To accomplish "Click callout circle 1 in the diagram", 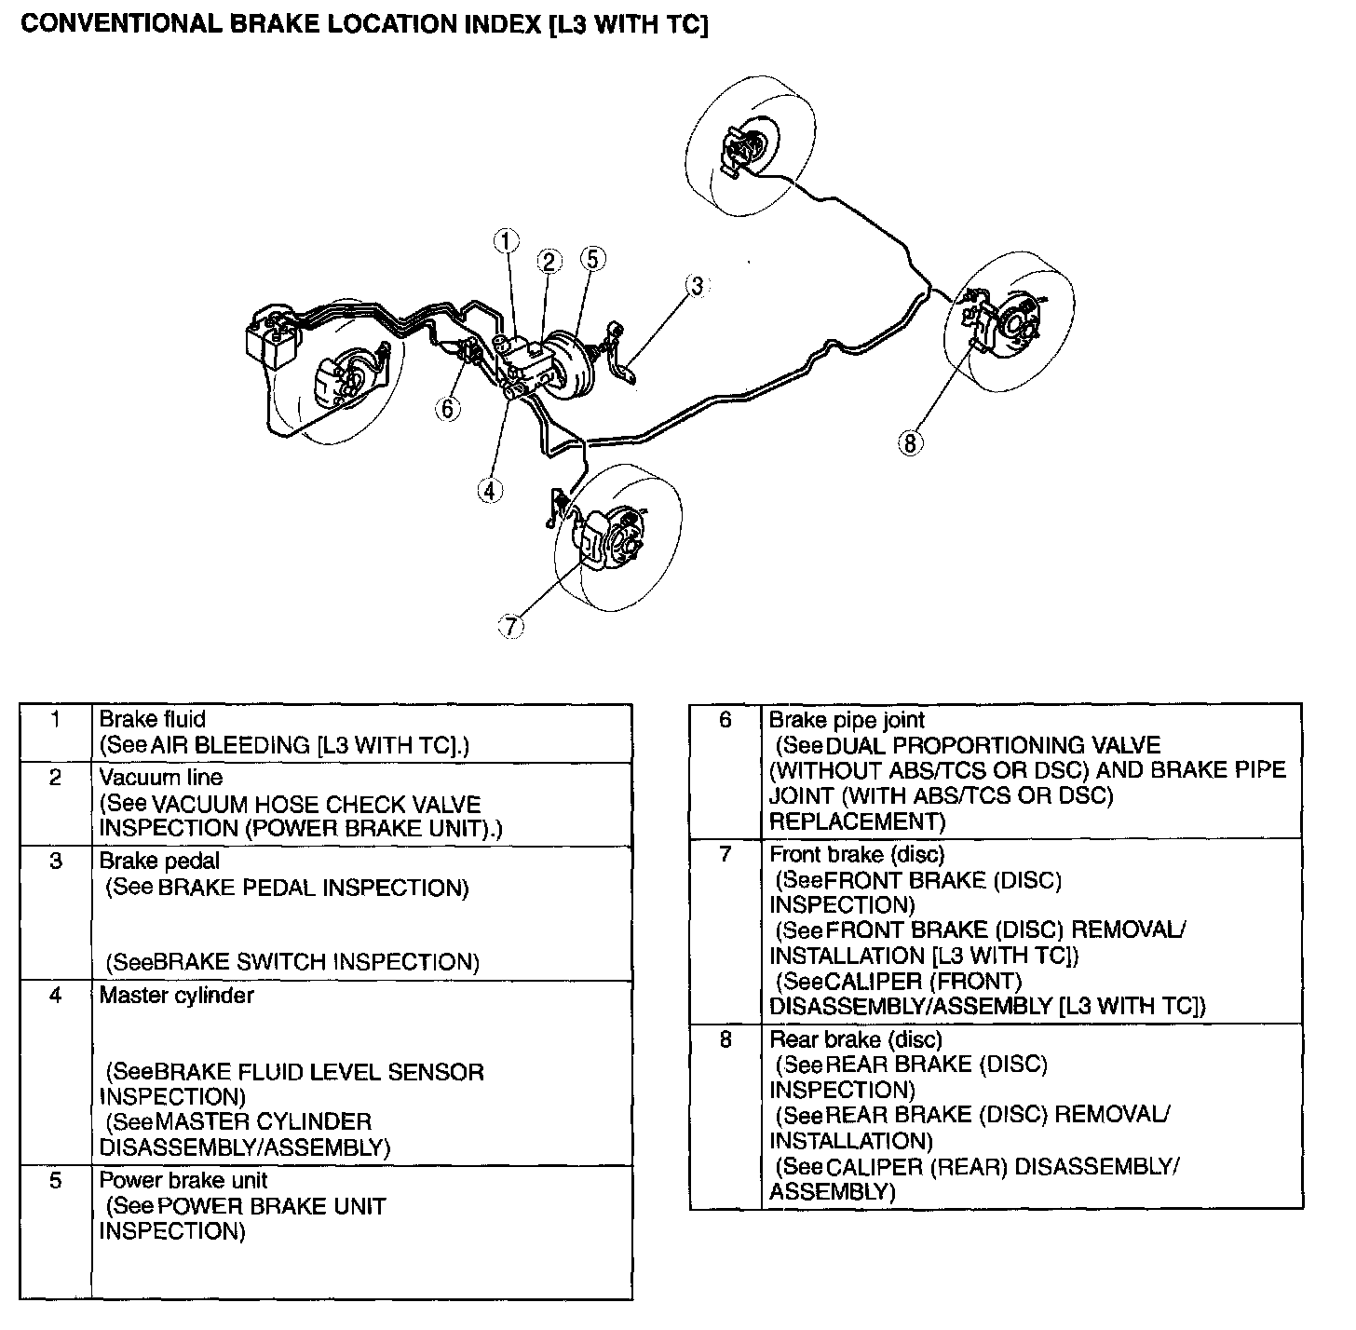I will [505, 241].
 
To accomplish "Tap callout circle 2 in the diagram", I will [549, 262].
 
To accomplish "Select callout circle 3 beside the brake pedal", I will [697, 286].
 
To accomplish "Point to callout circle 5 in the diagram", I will [592, 258].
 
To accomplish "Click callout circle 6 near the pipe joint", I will [448, 408].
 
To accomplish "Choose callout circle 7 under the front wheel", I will [510, 627].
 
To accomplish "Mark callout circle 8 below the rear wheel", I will [910, 442].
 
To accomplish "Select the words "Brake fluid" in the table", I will [152, 719].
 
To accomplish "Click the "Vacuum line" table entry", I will [160, 777].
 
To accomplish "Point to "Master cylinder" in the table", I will [176, 995].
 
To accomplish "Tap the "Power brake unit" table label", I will [183, 1180].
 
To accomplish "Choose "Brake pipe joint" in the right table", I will [847, 720].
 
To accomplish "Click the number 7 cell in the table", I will [725, 854].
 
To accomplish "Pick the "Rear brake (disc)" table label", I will [855, 1039].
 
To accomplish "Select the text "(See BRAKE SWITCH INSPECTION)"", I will [292, 961].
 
